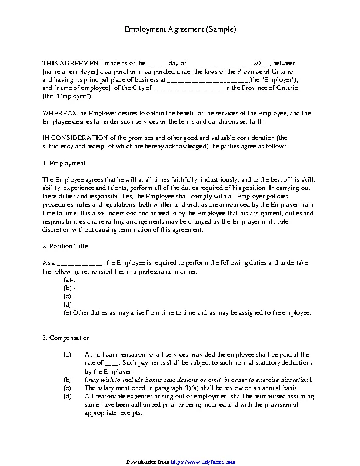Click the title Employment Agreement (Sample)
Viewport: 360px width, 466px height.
[x=180, y=29]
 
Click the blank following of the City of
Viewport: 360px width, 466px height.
[x=188, y=88]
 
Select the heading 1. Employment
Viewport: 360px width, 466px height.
[x=64, y=162]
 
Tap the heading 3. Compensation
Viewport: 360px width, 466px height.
[x=66, y=338]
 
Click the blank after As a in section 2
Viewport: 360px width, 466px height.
[x=79, y=263]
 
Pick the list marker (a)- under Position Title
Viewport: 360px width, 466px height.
[x=68, y=280]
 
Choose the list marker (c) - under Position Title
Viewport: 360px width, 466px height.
[x=69, y=297]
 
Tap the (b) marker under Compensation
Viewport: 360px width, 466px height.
[x=67, y=380]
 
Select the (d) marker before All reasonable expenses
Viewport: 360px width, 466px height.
[x=67, y=397]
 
